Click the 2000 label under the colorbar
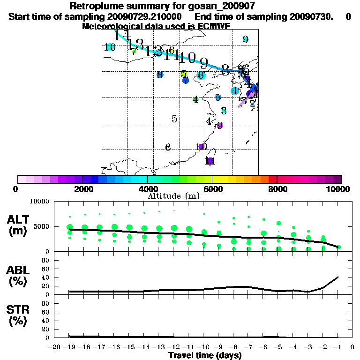coord(82,189)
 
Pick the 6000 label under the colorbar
coord(212,189)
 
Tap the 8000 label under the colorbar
coord(277,189)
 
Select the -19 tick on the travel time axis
coord(69,347)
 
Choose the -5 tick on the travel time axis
coord(278,347)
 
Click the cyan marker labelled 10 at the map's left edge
coord(110,47)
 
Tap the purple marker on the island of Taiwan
coord(210,161)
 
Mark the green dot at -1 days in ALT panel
coord(338,247)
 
